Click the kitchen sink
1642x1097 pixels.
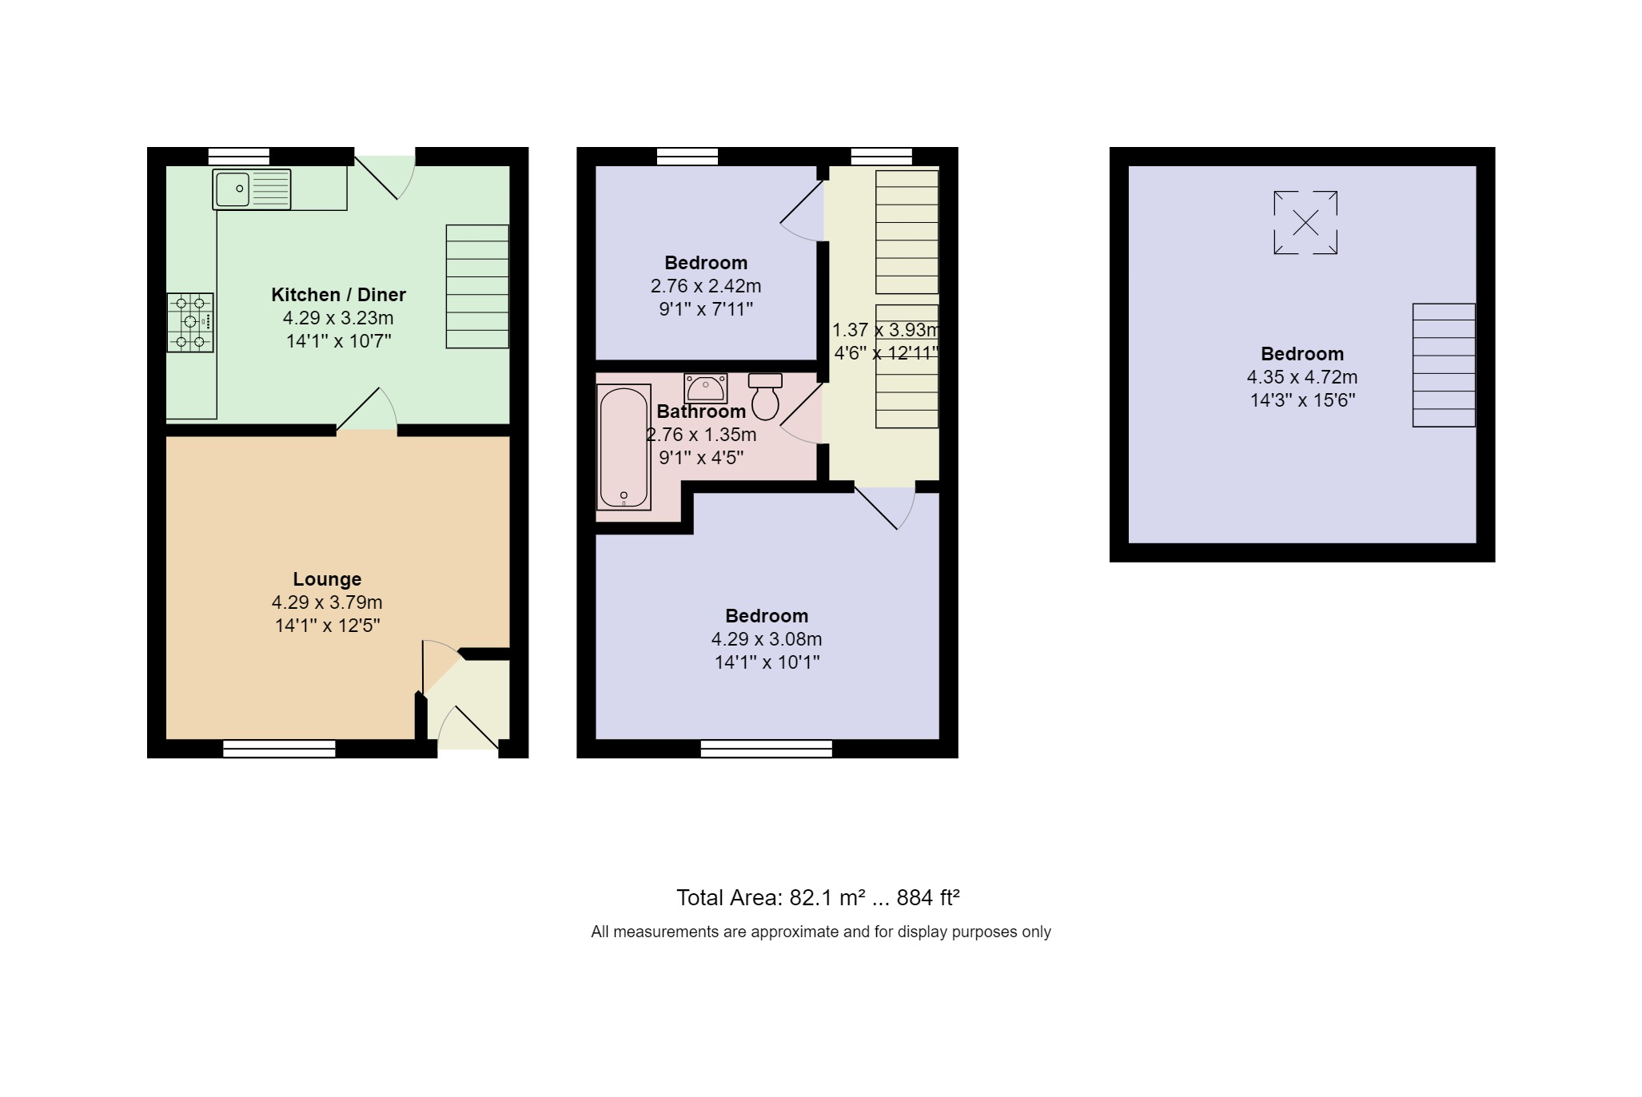pos(251,189)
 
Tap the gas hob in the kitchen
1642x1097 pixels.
pos(190,322)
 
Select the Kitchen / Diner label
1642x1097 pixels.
pos(338,295)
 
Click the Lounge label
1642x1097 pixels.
pos(327,579)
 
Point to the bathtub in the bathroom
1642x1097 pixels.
pos(624,447)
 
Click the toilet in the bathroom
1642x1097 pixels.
pos(765,396)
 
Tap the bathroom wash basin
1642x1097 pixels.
pos(705,388)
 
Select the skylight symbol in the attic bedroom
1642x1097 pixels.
pos(1305,222)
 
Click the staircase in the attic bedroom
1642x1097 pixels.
pos(1443,365)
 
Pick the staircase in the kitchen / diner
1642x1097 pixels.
pos(476,286)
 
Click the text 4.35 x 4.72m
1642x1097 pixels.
pos(1301,377)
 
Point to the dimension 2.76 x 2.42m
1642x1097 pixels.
pos(705,286)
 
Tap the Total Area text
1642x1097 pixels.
pos(817,898)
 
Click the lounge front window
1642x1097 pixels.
pos(279,749)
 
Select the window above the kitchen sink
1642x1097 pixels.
pos(238,156)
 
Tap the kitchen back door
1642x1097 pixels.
pos(385,176)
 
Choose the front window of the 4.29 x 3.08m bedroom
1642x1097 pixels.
pos(766,749)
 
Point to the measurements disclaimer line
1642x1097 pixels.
pos(820,932)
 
